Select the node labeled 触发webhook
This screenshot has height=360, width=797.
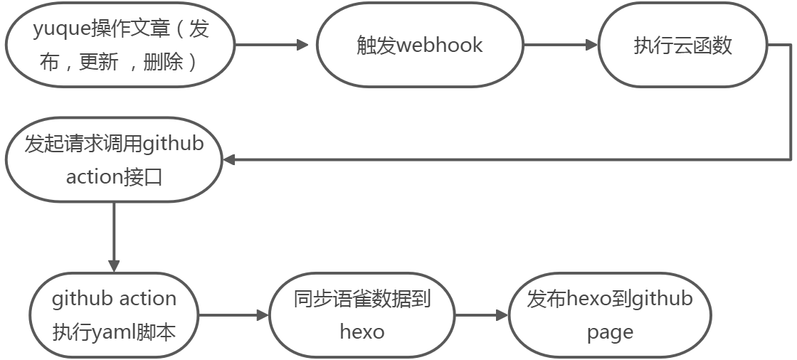pos(419,46)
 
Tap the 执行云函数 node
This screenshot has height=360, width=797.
pos(682,46)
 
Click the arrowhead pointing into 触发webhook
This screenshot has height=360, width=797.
pos(302,45)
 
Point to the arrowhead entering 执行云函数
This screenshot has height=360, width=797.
pos(591,45)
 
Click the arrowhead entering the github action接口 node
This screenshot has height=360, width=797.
pos(228,160)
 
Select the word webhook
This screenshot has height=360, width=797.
pos(439,46)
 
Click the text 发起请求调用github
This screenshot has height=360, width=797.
pos(114,144)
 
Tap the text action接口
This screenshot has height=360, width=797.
pos(114,176)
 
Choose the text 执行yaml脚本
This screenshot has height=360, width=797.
pos(114,332)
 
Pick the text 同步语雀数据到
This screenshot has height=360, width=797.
pos(362,299)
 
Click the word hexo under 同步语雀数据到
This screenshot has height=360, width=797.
pos(362,332)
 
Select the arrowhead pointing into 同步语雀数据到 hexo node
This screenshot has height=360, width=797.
pos(263,314)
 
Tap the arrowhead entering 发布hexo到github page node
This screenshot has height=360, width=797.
pos(502,314)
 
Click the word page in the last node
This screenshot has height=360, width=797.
pos(610,332)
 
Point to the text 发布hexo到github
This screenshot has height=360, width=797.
pos(610,299)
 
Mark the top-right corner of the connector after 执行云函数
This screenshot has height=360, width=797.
pos(790,45)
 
